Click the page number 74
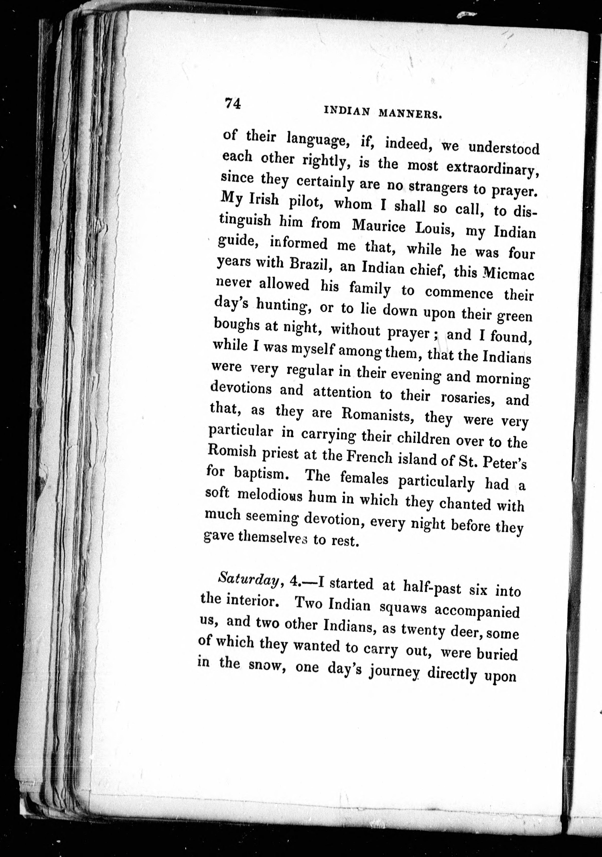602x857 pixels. (232, 103)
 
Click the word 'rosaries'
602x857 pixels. (468, 398)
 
